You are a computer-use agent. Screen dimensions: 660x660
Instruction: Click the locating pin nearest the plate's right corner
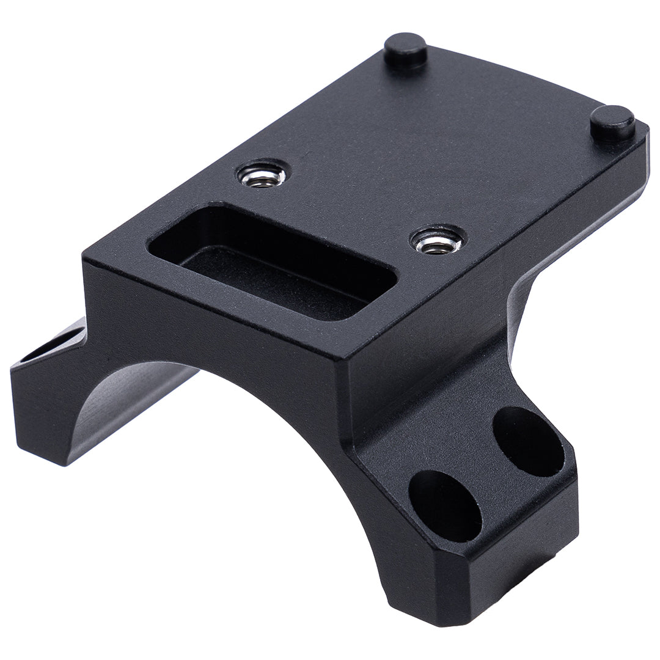612,122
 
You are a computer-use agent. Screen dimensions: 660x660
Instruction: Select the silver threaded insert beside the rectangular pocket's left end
263,175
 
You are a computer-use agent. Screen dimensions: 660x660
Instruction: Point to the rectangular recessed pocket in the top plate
272,263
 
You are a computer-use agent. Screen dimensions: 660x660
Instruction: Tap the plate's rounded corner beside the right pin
642,131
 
